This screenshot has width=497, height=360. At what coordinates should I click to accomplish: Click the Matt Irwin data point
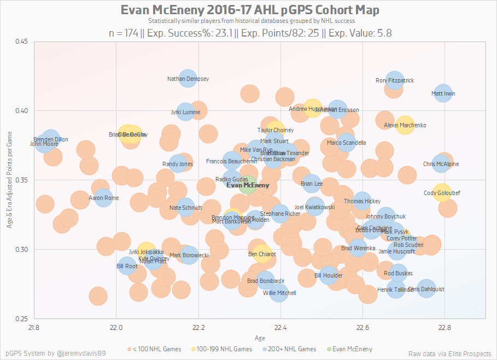443,93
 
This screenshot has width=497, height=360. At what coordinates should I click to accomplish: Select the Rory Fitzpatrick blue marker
394,80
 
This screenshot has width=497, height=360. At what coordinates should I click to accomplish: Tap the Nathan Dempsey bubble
188,79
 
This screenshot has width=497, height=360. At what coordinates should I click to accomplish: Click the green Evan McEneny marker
247,185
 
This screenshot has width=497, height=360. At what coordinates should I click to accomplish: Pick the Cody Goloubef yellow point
442,193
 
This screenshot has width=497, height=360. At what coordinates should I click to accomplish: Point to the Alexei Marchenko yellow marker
405,125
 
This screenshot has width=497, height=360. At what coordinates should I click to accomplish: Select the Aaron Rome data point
103,198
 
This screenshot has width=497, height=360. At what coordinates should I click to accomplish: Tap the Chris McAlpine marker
441,163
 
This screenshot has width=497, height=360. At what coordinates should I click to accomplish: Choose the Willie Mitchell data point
279,293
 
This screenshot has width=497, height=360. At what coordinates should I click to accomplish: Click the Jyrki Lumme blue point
185,112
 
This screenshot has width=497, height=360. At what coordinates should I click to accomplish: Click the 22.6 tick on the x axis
363,328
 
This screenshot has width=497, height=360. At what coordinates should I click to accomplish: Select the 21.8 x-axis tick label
34,328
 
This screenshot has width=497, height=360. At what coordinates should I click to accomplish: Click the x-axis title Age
260,338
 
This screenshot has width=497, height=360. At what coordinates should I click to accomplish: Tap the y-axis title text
9,180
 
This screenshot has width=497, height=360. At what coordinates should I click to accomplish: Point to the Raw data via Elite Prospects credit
449,353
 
